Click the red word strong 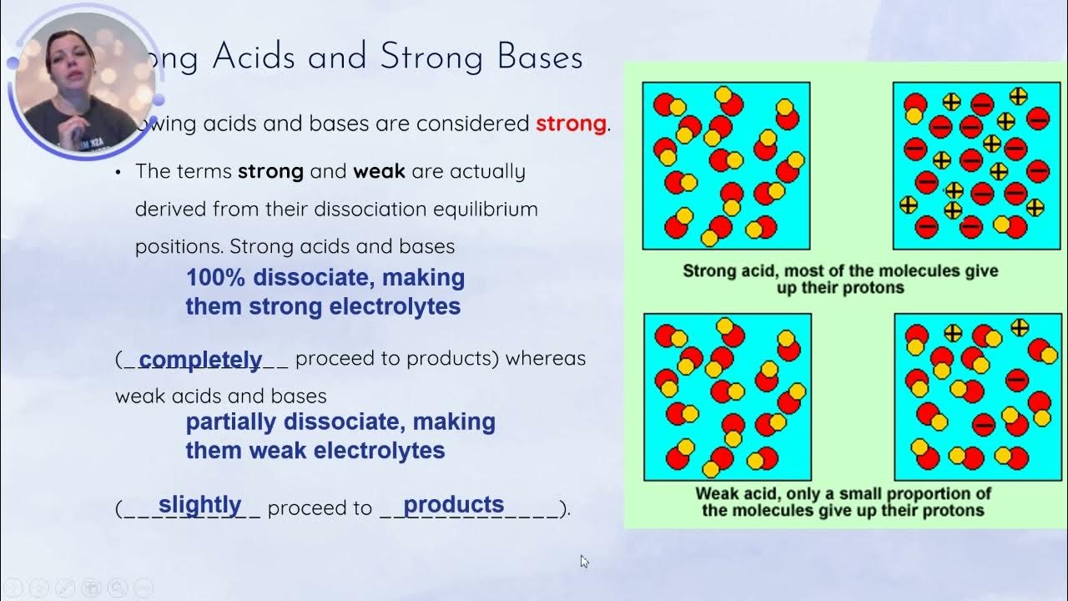coord(571,124)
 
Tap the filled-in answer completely coord(200,360)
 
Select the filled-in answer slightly coord(199,505)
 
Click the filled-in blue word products coord(453,505)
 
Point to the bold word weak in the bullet coord(379,172)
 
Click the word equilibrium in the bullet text coord(487,209)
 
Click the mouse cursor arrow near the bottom coord(584,561)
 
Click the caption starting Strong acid coord(840,279)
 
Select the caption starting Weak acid coord(843,501)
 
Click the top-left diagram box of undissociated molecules coord(726,165)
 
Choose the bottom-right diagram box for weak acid coord(977,396)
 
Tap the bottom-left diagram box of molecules coord(727,396)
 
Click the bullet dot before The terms coord(118,173)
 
